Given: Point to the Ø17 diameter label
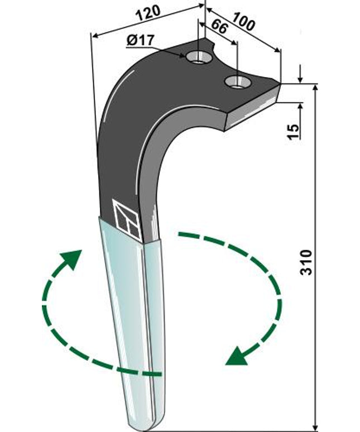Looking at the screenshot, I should [x=140, y=40].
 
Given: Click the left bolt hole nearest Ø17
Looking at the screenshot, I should [x=198, y=56].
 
